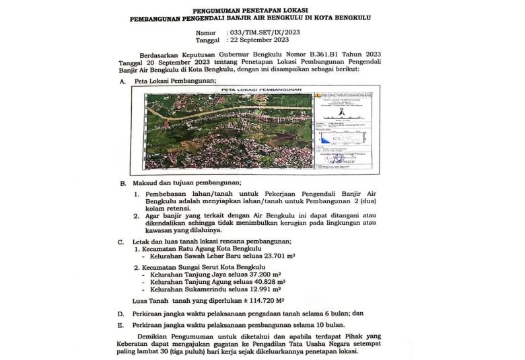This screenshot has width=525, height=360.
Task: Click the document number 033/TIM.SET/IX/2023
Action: (x=262, y=32)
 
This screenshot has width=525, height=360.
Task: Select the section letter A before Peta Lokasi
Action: (x=123, y=81)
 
